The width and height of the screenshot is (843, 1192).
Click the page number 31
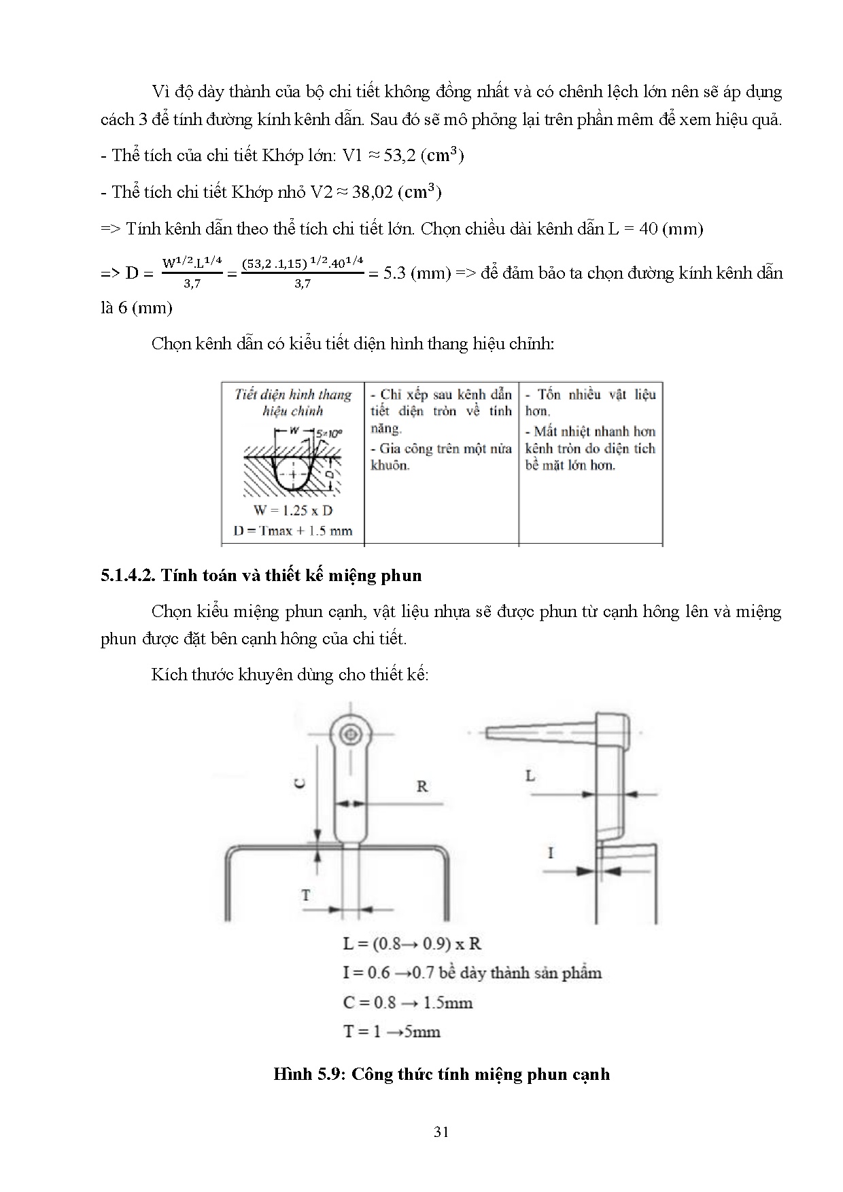[x=441, y=1132]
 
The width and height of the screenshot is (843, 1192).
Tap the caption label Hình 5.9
[x=307, y=1074]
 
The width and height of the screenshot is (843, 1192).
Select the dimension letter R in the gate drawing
[x=422, y=786]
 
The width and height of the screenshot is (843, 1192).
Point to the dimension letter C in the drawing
[x=299, y=783]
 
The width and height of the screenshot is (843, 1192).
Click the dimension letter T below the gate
[x=306, y=895]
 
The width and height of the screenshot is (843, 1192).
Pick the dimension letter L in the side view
[x=530, y=775]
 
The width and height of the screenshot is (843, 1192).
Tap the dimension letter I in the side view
[x=550, y=852]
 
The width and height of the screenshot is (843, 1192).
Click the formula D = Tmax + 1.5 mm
[x=293, y=531]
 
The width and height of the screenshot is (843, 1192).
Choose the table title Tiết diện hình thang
[x=293, y=395]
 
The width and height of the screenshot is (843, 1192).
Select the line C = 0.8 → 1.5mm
[x=407, y=1002]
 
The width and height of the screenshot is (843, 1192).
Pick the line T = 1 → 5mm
[x=392, y=1032]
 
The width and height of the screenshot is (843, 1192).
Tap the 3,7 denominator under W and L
[x=192, y=284]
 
